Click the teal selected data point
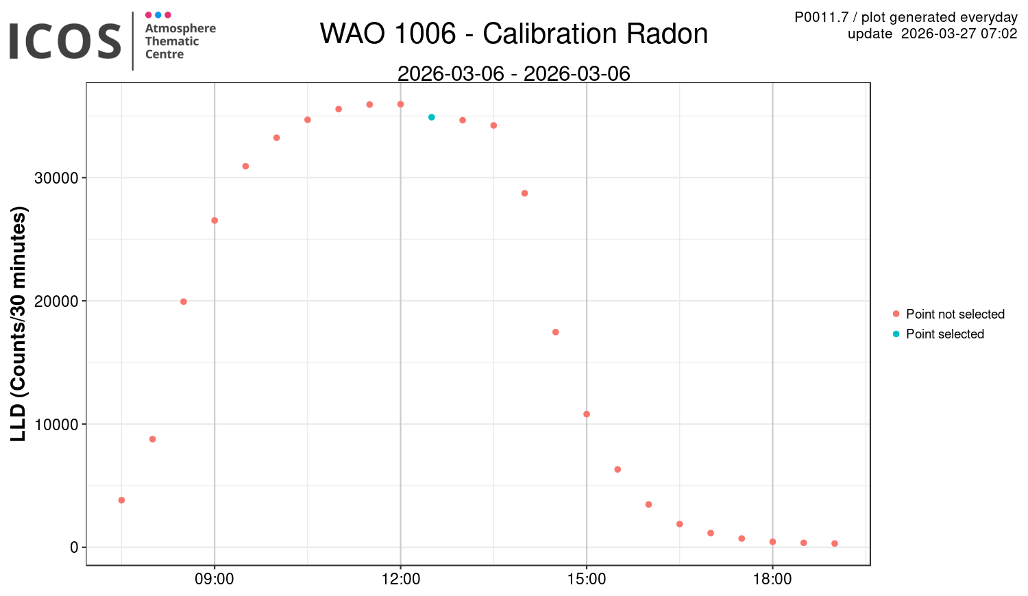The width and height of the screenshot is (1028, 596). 432,117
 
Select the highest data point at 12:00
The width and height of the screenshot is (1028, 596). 400,104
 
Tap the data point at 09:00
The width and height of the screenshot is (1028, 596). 215,221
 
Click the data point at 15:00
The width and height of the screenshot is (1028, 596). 587,414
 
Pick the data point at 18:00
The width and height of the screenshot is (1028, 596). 772,542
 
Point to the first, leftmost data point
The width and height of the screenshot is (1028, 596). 121,500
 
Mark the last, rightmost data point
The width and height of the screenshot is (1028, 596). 835,543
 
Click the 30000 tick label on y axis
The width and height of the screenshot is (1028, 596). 56,178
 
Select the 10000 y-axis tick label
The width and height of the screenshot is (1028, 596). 56,425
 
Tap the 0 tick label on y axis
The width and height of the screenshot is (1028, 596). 74,547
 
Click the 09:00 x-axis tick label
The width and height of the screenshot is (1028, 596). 215,580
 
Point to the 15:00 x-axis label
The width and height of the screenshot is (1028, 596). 587,580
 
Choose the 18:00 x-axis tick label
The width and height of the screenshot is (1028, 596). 772,580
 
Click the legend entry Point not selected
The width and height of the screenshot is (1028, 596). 955,314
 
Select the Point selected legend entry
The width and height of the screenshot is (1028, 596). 944,334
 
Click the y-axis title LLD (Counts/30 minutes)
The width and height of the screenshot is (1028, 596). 19,323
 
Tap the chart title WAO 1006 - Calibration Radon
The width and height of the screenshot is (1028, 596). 514,34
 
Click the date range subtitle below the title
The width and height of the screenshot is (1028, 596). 514,73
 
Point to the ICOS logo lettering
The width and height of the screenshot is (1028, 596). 65,41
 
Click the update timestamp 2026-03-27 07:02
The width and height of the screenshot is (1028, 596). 959,34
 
